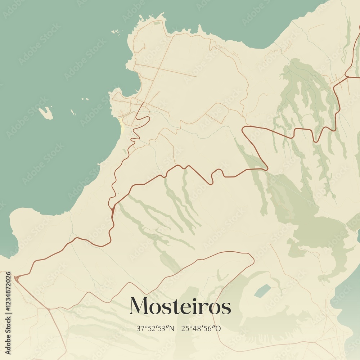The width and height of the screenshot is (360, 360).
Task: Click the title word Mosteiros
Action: click(x=180, y=306)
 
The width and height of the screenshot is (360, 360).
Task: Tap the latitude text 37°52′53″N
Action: click(x=155, y=328)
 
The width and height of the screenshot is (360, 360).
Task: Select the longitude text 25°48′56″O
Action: click(x=201, y=328)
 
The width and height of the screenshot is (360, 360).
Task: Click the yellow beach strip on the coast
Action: click(x=122, y=126)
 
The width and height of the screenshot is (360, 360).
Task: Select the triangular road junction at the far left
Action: click(x=16, y=278)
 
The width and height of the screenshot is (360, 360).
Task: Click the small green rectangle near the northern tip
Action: click(x=157, y=23)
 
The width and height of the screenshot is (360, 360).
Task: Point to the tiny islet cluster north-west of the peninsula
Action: click(x=116, y=32)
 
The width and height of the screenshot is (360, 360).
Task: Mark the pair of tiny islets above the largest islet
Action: click(x=85, y=99)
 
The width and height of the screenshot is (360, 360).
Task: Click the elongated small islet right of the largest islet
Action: click(x=73, y=112)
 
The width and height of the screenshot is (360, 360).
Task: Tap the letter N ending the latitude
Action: click(x=171, y=328)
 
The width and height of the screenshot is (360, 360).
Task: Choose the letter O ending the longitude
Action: click(x=219, y=328)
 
